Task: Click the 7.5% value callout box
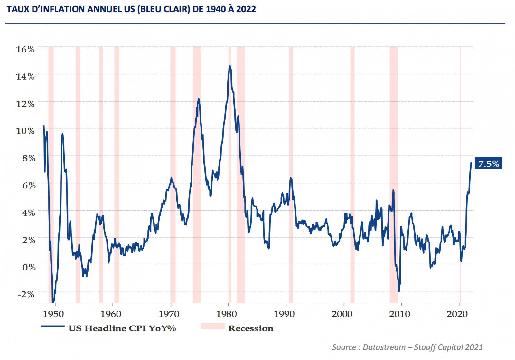[488, 164]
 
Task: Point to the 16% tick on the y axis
[25, 49]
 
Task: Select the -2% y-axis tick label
[26, 294]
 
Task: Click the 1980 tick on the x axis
[226, 314]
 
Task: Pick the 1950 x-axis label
[53, 314]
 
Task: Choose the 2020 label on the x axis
[457, 314]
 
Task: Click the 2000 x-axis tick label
[342, 314]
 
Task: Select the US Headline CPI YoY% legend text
[122, 328]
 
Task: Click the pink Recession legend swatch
[212, 326]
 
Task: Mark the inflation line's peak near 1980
[229, 66]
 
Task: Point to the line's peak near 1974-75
[199, 99]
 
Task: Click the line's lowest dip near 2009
[399, 291]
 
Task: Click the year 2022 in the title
[246, 9]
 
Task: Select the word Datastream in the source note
[384, 347]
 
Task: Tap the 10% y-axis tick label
[25, 131]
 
